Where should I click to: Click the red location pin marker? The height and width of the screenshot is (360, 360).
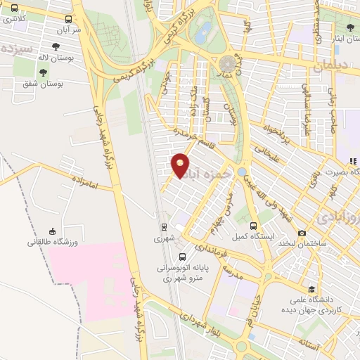[x=181, y=165]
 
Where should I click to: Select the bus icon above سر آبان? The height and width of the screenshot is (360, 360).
[x=68, y=20]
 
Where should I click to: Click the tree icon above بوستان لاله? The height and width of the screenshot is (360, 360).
[x=44, y=72]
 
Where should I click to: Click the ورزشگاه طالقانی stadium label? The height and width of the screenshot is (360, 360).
[x=51, y=243]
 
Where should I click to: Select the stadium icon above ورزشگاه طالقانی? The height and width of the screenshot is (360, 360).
[x=52, y=231]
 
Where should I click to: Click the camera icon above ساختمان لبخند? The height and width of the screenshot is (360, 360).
[x=302, y=233]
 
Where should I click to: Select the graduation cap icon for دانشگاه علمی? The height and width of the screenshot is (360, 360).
[x=311, y=288]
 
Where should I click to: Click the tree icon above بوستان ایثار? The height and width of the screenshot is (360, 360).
[x=350, y=27]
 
